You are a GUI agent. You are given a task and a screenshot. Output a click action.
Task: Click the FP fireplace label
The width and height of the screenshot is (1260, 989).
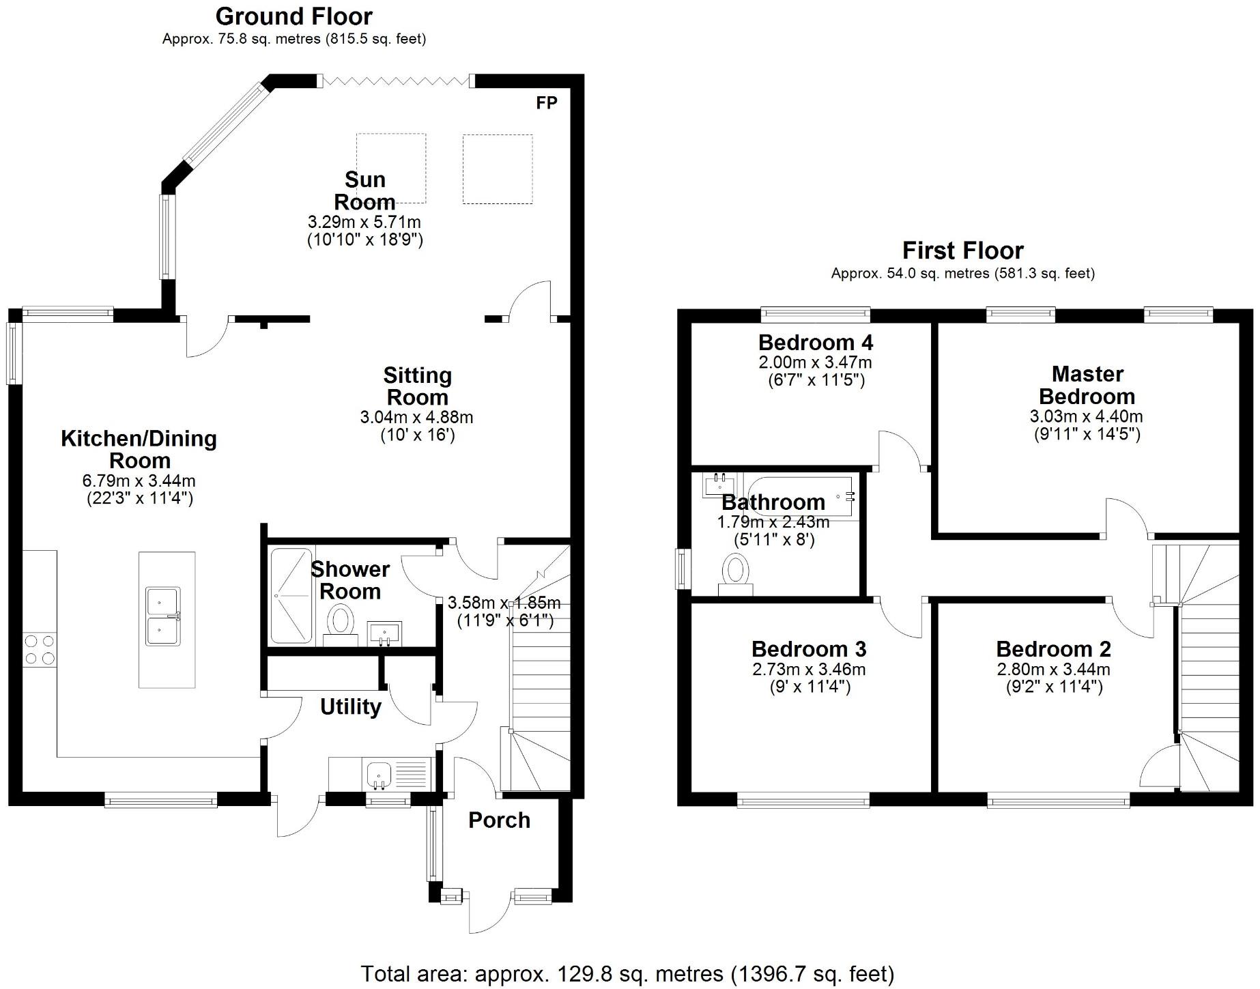click(547, 103)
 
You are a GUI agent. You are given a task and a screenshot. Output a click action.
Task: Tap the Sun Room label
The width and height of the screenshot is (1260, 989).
click(365, 190)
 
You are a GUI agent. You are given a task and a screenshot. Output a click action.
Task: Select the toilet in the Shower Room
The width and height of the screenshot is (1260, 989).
click(340, 623)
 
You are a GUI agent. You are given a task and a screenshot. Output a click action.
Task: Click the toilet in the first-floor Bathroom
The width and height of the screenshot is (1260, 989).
click(735, 574)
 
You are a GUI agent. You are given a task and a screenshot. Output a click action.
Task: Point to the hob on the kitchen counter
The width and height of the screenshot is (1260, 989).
click(40, 649)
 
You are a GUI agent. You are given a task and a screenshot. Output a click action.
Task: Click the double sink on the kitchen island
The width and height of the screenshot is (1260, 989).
click(163, 616)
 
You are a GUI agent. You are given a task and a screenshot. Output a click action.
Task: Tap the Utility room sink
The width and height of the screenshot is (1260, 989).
click(379, 774)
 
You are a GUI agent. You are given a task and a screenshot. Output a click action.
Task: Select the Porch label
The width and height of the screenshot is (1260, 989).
click(499, 820)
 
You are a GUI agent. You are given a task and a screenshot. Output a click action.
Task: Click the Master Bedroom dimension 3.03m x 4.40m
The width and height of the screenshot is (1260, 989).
click(1086, 416)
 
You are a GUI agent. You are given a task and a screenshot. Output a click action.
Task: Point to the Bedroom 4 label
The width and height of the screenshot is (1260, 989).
click(816, 342)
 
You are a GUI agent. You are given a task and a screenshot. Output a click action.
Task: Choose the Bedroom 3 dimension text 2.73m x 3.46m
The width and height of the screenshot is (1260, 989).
click(809, 669)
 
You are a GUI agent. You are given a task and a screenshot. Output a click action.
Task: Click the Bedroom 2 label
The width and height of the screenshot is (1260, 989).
click(1053, 648)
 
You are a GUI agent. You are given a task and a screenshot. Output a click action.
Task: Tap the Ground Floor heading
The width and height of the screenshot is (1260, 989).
click(294, 16)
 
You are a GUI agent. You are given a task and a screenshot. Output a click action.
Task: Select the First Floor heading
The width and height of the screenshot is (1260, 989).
click(962, 250)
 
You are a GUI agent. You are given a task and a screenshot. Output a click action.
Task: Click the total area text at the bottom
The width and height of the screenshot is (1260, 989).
click(627, 973)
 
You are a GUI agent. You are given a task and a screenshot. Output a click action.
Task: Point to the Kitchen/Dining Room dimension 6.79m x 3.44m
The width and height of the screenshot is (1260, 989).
click(139, 481)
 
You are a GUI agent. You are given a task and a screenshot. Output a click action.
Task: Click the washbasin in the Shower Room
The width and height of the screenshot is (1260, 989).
click(386, 633)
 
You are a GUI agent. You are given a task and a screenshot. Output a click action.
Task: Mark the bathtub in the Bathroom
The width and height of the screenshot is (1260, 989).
click(802, 498)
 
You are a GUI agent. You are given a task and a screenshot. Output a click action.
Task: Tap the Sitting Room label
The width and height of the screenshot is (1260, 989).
click(417, 386)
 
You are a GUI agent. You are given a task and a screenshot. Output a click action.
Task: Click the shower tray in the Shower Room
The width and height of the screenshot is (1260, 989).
click(291, 596)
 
